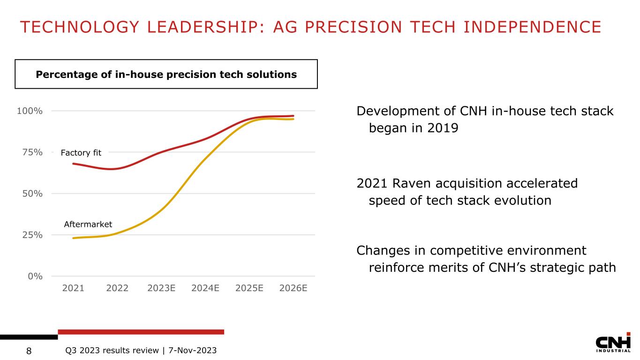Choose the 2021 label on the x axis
tap(73, 288)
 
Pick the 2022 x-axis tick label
tap(117, 288)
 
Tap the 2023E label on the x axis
tap(161, 288)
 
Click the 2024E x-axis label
tap(206, 288)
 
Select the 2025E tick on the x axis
tap(249, 288)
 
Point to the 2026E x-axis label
tap(294, 288)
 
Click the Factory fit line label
tap(81, 152)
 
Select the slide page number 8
tap(29, 351)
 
